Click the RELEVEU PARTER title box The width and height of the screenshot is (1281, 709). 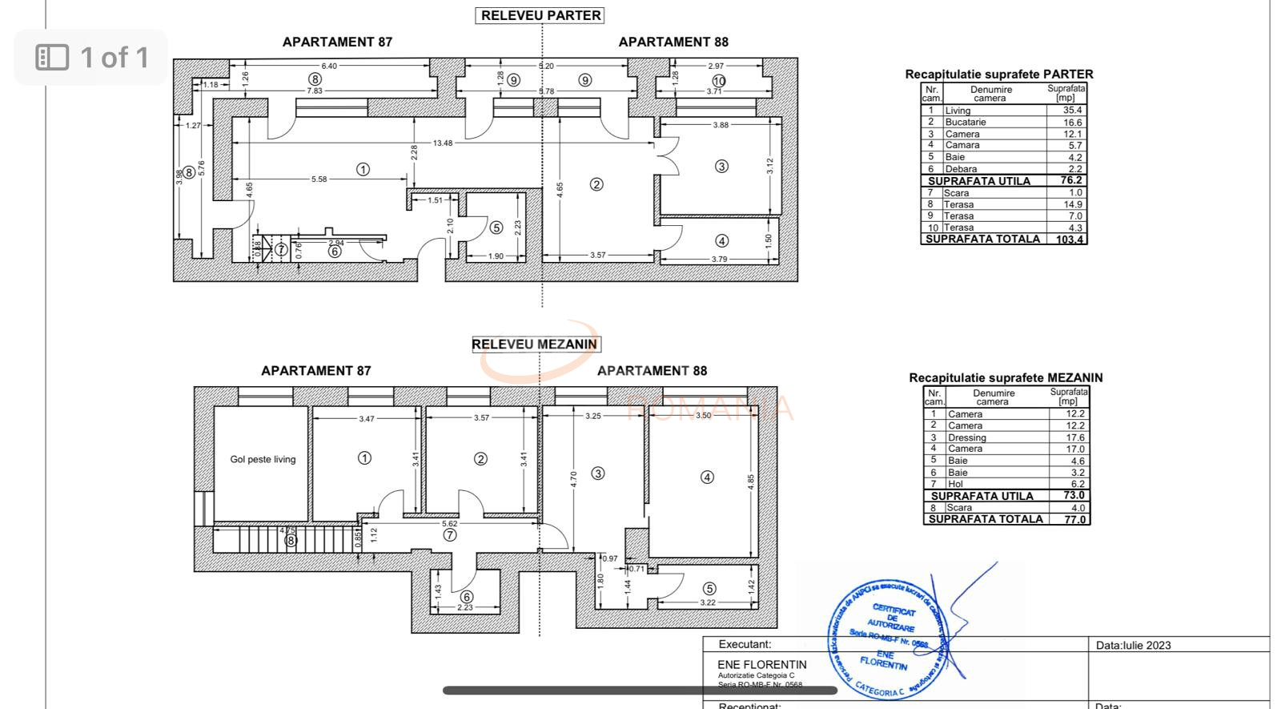(540, 15)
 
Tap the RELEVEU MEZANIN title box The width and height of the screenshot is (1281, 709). (534, 344)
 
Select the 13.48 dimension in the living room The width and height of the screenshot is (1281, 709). (443, 143)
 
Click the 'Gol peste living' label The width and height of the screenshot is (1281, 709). (263, 460)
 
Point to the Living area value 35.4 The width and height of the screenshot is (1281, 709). (1072, 111)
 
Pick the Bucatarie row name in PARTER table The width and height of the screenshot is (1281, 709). (966, 123)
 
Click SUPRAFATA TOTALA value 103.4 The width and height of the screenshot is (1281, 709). (1070, 239)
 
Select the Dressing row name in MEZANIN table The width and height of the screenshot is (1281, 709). (967, 437)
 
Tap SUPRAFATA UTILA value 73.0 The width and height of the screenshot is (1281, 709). (1074, 496)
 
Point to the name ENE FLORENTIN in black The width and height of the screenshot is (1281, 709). (762, 664)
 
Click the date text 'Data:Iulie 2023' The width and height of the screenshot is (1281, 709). (1134, 645)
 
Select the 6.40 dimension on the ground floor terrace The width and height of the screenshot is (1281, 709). (329, 66)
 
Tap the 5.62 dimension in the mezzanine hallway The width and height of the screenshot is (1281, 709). (450, 524)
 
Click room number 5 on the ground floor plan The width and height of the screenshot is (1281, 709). (496, 228)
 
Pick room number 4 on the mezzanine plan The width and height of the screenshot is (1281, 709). (707, 477)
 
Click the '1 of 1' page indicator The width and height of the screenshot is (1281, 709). (92, 57)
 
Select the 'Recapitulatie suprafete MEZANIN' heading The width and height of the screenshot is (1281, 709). (1006, 377)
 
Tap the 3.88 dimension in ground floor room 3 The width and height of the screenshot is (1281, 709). (721, 125)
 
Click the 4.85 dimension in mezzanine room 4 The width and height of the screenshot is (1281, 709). (751, 481)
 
